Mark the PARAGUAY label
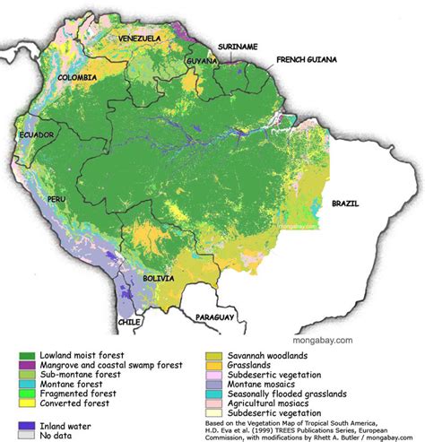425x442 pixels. click(215, 317)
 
